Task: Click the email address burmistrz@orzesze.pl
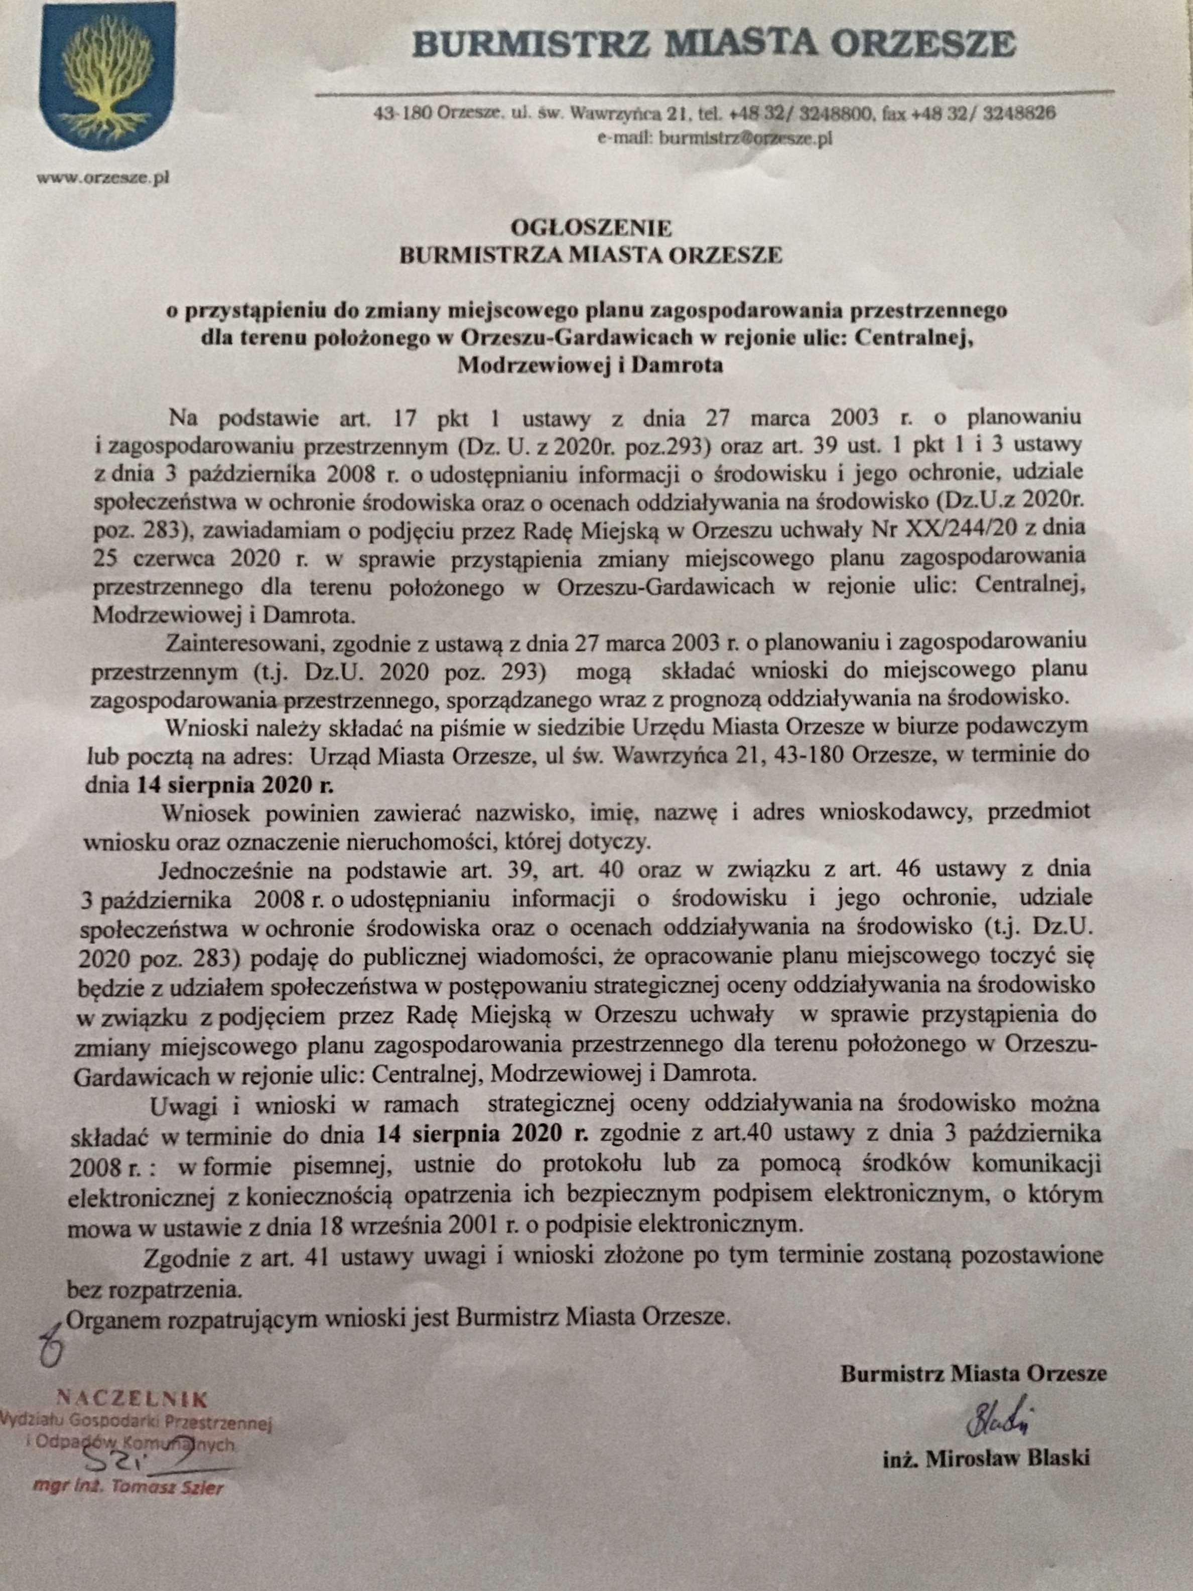746,139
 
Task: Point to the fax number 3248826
1014,112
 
